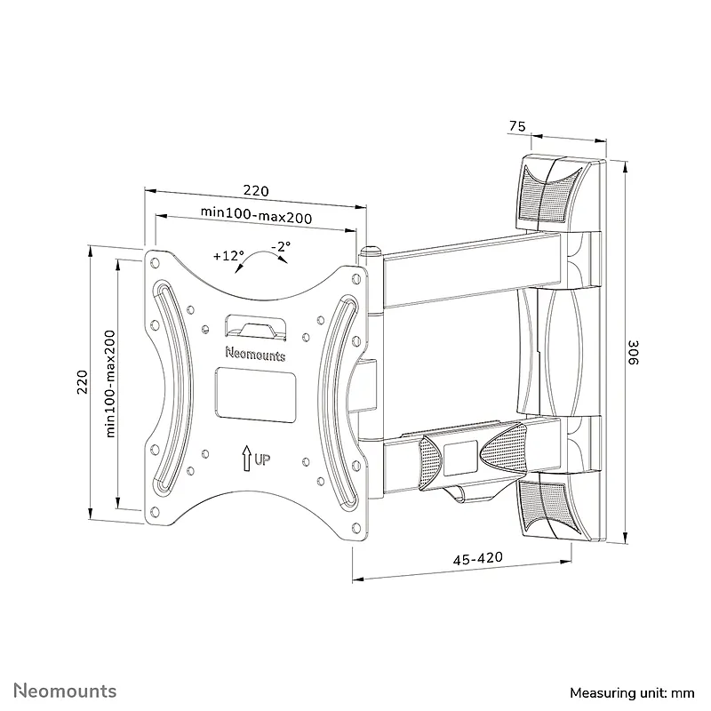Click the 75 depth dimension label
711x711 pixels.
(517, 126)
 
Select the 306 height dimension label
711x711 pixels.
(633, 352)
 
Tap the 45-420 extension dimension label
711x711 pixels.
(478, 558)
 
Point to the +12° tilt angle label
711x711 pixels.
(228, 256)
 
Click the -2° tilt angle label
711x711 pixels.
(281, 246)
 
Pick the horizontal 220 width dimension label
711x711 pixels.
(256, 190)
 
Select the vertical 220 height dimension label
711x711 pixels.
(82, 382)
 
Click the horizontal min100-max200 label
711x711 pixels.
(256, 215)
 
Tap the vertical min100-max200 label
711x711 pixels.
(110, 384)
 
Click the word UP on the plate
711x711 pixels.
(262, 459)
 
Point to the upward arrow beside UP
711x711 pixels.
(247, 458)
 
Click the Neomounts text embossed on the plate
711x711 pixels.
(255, 354)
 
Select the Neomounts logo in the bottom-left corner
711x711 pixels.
(65, 691)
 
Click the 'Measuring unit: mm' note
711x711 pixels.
(632, 692)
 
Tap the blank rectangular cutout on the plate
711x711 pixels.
(256, 394)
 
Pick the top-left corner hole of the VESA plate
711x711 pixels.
(155, 262)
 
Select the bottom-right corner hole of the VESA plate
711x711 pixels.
(356, 528)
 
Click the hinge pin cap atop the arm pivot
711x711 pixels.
(371, 251)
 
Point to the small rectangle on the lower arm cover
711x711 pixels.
(460, 458)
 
